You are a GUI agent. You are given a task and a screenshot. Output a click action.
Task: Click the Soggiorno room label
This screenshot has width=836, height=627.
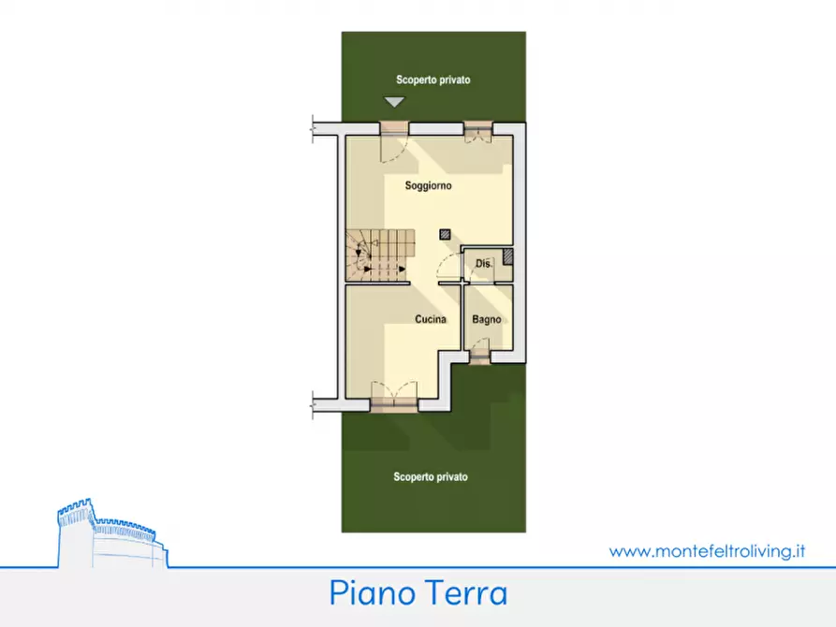(428, 186)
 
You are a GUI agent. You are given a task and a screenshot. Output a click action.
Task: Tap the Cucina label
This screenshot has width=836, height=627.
(431, 319)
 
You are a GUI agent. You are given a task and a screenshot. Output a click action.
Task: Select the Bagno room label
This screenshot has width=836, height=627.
(486, 319)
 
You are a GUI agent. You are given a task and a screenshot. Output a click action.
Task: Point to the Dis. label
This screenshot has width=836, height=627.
(483, 265)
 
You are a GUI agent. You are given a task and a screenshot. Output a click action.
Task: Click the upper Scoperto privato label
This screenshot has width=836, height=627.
(433, 80)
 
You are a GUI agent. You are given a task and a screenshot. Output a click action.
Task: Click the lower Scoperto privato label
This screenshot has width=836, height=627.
(431, 477)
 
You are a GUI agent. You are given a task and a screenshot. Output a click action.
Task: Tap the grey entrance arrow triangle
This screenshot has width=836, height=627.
(394, 104)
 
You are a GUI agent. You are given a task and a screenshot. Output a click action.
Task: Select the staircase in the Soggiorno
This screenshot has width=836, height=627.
(379, 255)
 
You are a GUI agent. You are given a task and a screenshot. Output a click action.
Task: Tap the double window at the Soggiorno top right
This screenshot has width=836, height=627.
(479, 131)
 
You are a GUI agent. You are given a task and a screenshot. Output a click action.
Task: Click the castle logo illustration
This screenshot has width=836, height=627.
(110, 533)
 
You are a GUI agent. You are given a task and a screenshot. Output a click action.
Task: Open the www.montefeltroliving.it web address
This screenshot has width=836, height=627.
(707, 551)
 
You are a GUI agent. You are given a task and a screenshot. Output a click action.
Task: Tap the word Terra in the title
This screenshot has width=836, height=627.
(463, 593)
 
